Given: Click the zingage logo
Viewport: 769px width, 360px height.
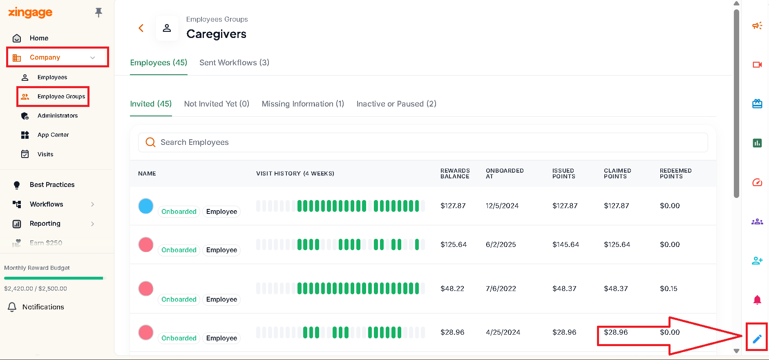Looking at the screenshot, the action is click(x=30, y=13).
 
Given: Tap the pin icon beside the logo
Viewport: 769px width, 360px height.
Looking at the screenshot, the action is click(x=98, y=13).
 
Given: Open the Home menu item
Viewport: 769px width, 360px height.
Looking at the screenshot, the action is click(x=39, y=38).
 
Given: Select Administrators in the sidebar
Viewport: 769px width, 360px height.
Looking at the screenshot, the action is click(x=58, y=116).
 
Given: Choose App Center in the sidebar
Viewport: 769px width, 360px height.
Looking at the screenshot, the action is click(x=53, y=135).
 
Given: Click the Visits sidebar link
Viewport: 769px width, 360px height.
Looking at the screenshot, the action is click(x=45, y=154).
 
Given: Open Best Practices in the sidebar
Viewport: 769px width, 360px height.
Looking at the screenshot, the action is click(x=52, y=184).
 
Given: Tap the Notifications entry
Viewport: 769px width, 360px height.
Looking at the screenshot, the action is click(x=43, y=307).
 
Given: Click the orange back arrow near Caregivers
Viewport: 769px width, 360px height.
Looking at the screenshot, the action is click(x=141, y=28).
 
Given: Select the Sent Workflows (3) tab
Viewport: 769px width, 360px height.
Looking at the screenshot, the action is click(x=234, y=62).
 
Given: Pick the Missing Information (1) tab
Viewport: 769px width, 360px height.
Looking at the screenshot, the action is click(x=303, y=104).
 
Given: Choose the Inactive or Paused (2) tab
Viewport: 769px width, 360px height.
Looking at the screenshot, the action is click(x=396, y=104).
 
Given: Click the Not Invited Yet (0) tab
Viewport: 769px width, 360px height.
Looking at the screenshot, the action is click(x=217, y=104).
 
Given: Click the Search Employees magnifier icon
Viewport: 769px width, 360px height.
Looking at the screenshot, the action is click(x=150, y=142).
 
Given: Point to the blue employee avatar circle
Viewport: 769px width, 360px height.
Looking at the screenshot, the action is click(x=146, y=206).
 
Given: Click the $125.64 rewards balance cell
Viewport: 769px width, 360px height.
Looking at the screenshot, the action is click(x=454, y=244).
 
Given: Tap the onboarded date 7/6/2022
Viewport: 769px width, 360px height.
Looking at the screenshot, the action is click(x=501, y=289).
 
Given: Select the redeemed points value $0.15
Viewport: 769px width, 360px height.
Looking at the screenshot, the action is click(x=668, y=289).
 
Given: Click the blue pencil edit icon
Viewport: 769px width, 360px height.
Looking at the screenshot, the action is click(x=757, y=339).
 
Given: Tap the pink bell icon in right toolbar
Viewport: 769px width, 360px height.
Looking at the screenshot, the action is click(x=757, y=300).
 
